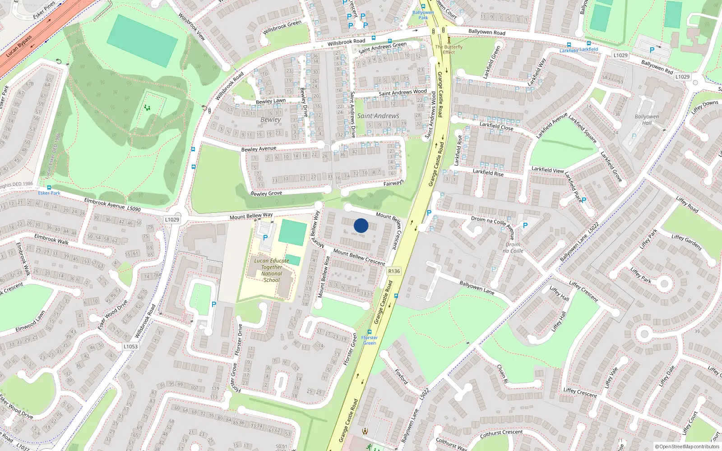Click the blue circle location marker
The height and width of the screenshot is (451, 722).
point(361,225)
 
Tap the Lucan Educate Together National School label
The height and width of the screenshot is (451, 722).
point(272,270)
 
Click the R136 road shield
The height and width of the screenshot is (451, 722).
point(394,271)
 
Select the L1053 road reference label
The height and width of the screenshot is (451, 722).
point(130,346)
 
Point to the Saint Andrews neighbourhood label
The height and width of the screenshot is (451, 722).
point(378,116)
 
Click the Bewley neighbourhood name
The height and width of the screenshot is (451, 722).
point(271,120)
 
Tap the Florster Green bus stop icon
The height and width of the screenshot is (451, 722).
point(370,332)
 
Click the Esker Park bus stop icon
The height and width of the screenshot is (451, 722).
point(49,188)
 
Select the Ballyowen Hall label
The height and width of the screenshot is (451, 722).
point(647,120)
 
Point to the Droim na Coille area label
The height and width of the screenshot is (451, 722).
point(513,248)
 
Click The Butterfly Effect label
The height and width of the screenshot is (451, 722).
point(449,49)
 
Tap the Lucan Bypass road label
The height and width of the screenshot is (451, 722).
point(19,46)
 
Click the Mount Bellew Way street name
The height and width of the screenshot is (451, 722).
point(251,216)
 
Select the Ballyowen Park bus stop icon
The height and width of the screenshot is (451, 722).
point(423,7)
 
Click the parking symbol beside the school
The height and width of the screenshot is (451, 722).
point(265,238)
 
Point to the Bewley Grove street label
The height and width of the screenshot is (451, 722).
point(266,193)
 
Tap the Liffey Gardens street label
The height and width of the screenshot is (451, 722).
point(686,243)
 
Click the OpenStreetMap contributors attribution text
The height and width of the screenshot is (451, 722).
point(687,447)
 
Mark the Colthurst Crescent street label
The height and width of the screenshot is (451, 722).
point(501,433)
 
